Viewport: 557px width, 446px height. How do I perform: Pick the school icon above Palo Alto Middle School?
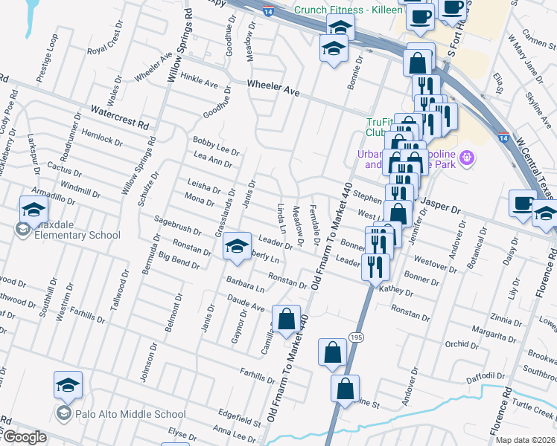(x=68, y=384)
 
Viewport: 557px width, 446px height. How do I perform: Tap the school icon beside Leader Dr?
(x=237, y=246)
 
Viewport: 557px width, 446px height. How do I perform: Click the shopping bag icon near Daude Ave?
(x=286, y=320)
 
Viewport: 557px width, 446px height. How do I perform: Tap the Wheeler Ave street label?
(x=273, y=88)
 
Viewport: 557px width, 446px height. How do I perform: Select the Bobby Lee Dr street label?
(x=216, y=144)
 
